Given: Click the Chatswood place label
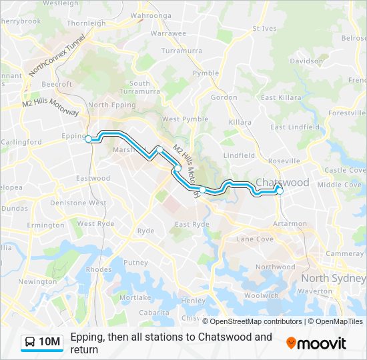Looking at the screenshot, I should (283, 183).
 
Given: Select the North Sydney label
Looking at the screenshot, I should (333, 278).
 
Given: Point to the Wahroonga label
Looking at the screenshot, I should (151, 15).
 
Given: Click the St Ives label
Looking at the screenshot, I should (264, 29).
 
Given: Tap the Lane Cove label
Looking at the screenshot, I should (255, 239).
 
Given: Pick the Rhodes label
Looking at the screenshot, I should (99, 269).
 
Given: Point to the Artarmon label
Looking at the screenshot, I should (290, 224).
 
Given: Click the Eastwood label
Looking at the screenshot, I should (93, 179).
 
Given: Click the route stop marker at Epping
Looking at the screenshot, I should (88, 139).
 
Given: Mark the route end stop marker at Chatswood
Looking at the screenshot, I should (280, 191).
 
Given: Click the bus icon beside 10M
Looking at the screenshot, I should (31, 343).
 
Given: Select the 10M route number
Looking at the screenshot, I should (50, 343).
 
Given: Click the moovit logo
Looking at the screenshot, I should (316, 343).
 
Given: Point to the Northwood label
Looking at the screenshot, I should (275, 267).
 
